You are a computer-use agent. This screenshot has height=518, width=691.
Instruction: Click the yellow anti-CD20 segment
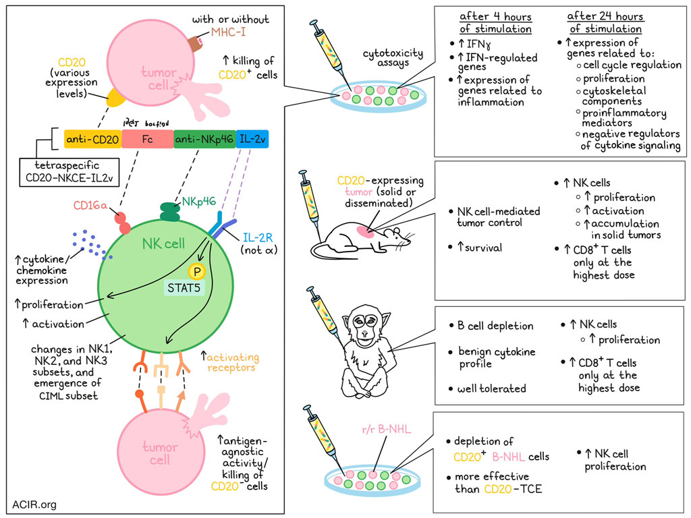[92, 140]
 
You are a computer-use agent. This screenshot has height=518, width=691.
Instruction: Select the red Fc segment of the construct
[146, 140]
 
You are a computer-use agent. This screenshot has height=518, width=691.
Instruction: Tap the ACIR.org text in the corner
[34, 504]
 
